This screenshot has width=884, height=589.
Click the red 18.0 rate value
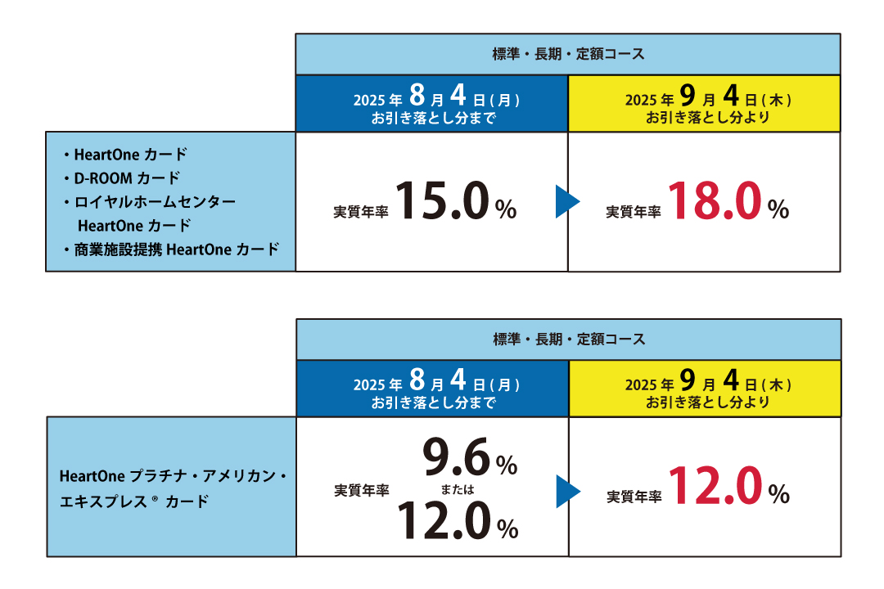(715, 202)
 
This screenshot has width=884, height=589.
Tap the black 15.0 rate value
(443, 202)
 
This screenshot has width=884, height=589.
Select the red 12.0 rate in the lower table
(716, 487)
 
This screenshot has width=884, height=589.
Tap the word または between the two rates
(458, 490)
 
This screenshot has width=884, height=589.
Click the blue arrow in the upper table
(567, 202)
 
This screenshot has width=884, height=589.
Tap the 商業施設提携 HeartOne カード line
(177, 250)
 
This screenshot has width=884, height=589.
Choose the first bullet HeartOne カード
(130, 154)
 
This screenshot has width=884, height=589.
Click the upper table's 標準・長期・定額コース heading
(568, 54)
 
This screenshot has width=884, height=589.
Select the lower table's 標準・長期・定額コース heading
(569, 339)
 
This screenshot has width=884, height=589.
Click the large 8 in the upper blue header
(417, 96)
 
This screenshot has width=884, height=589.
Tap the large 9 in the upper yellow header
(688, 96)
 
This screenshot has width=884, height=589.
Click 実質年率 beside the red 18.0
(633, 212)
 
